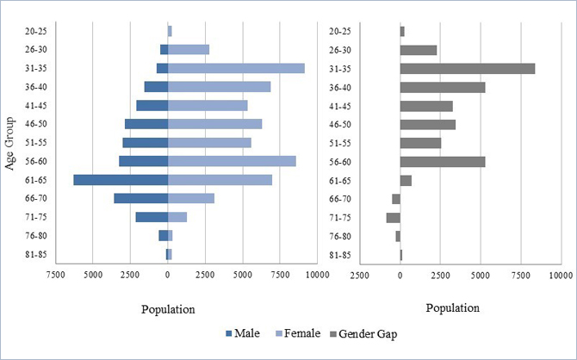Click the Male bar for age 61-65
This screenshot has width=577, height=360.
pyautogui.click(x=121, y=180)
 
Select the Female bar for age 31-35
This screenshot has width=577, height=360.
pyautogui.click(x=236, y=68)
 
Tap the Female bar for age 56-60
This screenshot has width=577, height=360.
pyautogui.click(x=232, y=161)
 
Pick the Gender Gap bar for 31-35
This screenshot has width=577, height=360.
pyautogui.click(x=467, y=68)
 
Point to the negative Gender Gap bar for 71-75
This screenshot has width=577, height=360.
pyautogui.click(x=393, y=217)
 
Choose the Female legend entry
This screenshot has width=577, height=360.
pyautogui.click(x=298, y=333)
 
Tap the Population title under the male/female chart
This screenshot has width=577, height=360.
pyautogui.click(x=167, y=309)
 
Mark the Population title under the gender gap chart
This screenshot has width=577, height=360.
pyautogui.click(x=452, y=309)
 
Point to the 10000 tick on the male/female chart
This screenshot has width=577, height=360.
pyautogui.click(x=317, y=275)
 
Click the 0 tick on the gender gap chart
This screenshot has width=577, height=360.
pyautogui.click(x=400, y=275)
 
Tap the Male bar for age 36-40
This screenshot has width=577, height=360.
pyautogui.click(x=156, y=87)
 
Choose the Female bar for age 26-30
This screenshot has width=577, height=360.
pyautogui.click(x=189, y=49)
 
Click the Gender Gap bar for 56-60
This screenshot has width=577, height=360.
pyautogui.click(x=443, y=161)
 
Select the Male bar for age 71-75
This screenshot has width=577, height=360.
pyautogui.click(x=152, y=217)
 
